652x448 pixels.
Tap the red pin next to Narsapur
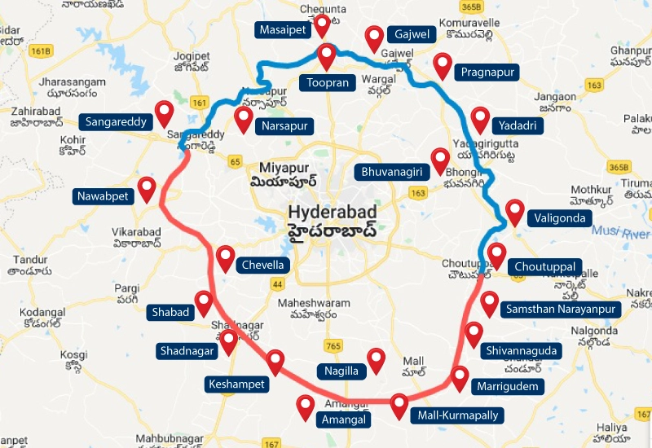coord(243,118)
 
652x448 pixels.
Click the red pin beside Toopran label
coord(327,55)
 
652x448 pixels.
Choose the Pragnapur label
coord(487,72)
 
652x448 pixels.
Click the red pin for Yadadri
coord(481,119)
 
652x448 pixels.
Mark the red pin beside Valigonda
coord(514,211)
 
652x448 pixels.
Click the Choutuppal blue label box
coord(545,266)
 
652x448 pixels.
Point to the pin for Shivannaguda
coord(474,334)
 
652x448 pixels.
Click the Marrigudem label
coord(507,386)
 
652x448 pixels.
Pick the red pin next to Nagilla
coord(376,359)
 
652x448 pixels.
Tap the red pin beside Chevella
coord(226,258)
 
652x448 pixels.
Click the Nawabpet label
coord(102,195)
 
